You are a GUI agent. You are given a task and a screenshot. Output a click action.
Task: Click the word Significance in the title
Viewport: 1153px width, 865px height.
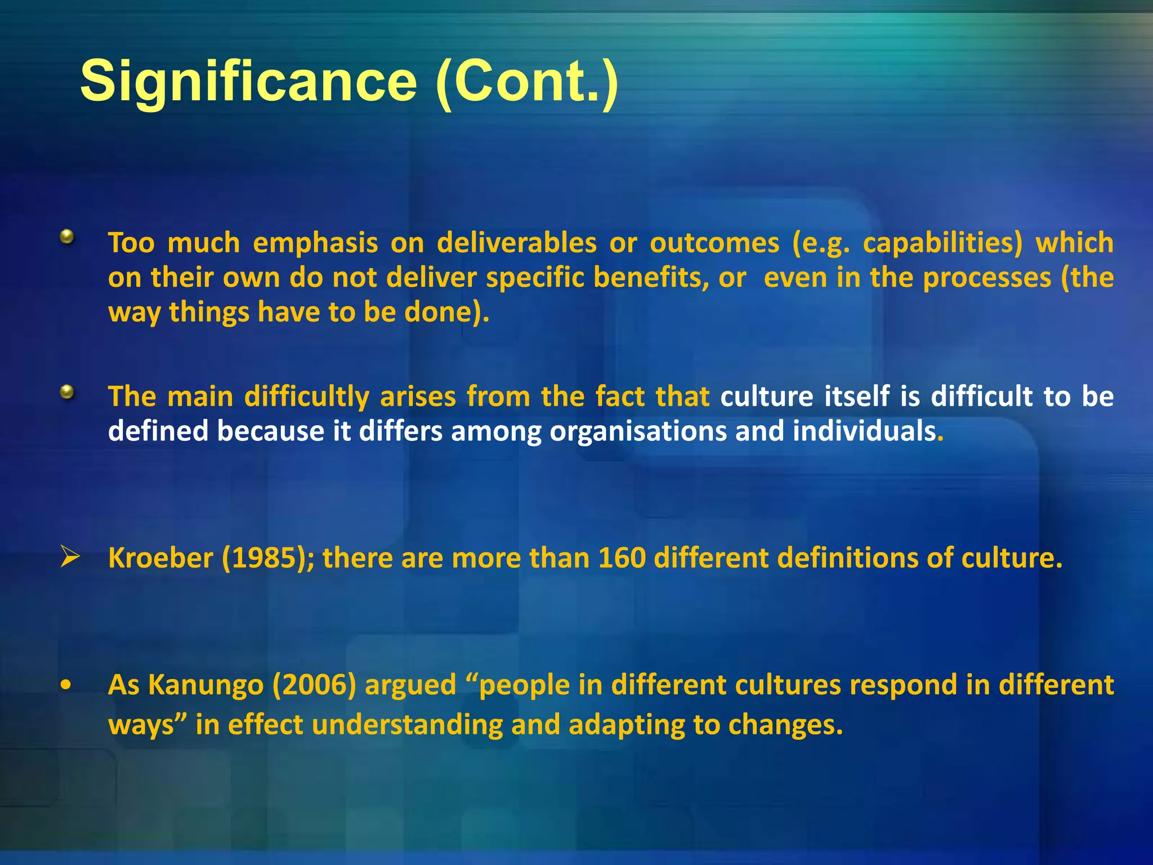248,82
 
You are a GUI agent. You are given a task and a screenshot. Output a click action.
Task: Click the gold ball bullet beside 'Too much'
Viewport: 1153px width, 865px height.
67,237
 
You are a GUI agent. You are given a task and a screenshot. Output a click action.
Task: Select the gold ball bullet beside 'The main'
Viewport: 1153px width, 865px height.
67,391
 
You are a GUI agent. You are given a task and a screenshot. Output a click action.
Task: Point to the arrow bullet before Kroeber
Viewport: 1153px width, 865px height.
70,557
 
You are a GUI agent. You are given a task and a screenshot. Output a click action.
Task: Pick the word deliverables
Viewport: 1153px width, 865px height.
516,243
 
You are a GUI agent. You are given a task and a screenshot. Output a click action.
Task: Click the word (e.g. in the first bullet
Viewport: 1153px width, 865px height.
821,243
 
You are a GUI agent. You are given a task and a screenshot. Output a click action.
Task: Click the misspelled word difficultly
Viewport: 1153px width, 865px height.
307,396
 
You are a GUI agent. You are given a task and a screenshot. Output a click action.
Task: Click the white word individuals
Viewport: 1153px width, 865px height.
864,432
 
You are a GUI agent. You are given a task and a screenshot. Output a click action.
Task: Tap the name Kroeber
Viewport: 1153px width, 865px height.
160,558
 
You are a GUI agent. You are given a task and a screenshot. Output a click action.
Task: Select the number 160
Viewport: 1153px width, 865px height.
622,558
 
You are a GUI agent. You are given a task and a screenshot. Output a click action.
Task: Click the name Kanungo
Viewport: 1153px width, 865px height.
206,685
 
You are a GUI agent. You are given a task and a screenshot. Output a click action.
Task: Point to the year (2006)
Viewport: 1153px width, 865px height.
314,685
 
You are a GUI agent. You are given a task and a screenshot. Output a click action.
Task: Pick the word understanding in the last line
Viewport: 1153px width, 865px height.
407,725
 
